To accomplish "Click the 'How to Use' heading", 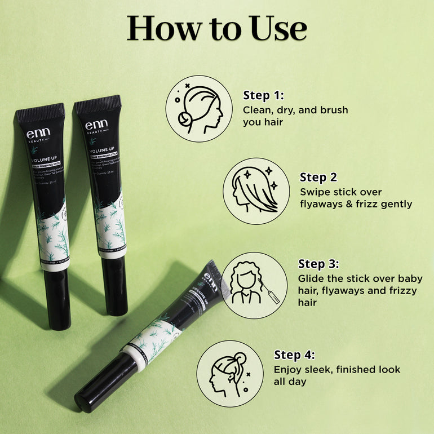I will pos(217,28).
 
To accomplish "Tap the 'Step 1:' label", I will pos(263,95).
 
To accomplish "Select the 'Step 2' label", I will pos(318,178).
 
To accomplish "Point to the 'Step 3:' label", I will pos(319,264).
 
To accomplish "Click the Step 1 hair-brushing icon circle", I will pos(198,108).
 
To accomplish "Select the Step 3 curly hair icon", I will pos(255,285).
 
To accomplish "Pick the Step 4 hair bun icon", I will pos(229,373).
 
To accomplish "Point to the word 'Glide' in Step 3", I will pos(311,278).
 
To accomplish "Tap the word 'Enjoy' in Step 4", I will pos(287,370).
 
